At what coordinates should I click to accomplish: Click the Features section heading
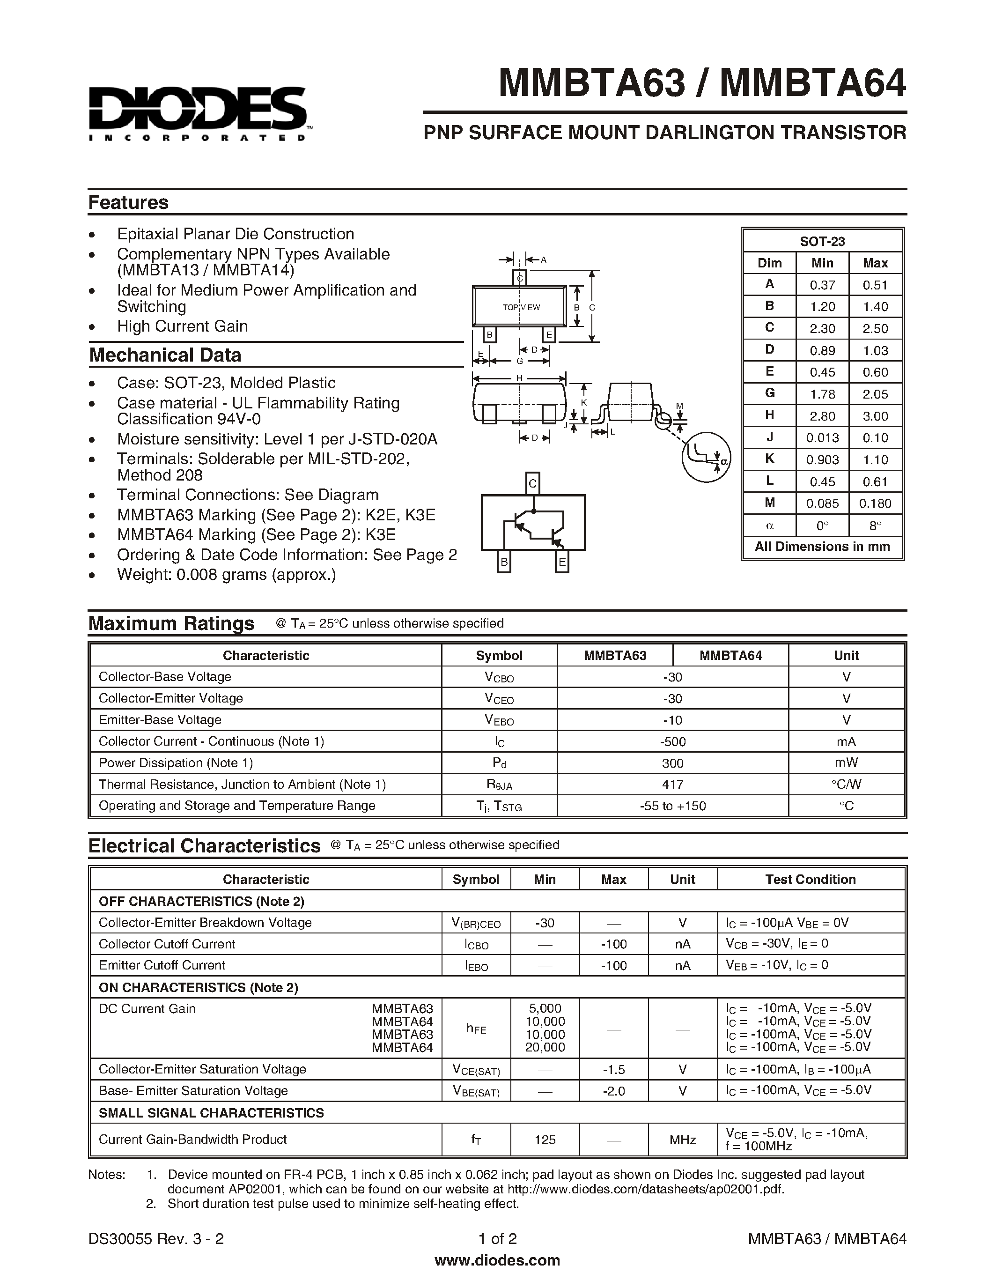pos(128,202)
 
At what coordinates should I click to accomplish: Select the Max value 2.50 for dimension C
pos(875,328)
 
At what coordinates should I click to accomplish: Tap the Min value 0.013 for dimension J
pos(822,437)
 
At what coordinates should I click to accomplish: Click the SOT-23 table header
pos(822,241)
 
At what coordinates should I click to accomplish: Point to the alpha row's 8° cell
pos(875,525)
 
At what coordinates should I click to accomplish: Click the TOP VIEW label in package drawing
pos(521,307)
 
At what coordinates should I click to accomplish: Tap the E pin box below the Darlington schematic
pos(562,562)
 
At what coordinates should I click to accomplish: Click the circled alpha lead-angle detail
pos(706,457)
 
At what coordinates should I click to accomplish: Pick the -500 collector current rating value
pos(672,741)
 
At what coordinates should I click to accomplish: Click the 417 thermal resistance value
pos(672,785)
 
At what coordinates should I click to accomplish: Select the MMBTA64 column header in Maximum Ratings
pos(730,655)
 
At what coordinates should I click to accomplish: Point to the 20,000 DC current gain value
pos(545,1047)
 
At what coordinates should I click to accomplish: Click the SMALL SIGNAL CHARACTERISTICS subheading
pos(211,1113)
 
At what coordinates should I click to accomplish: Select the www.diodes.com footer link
pos(497,1260)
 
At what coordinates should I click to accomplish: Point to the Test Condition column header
pos(810,879)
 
